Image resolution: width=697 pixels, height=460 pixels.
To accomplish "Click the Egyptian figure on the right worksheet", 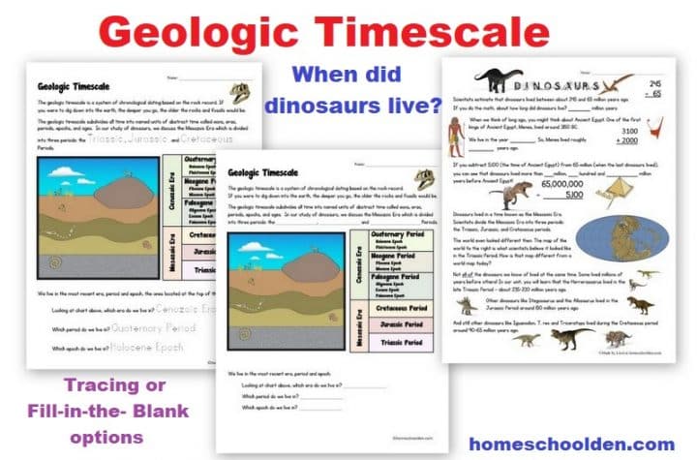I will click(460, 135).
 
